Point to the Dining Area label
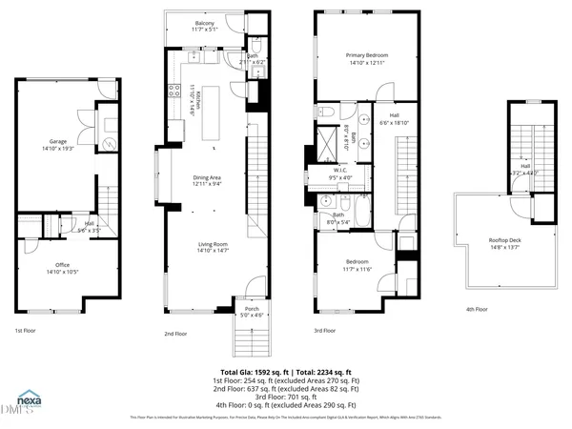pos(208,180)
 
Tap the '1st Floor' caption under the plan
pos(25,331)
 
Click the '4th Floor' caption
pos(476,310)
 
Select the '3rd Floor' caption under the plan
pos(325,331)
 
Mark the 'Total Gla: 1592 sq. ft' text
pos(256,371)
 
